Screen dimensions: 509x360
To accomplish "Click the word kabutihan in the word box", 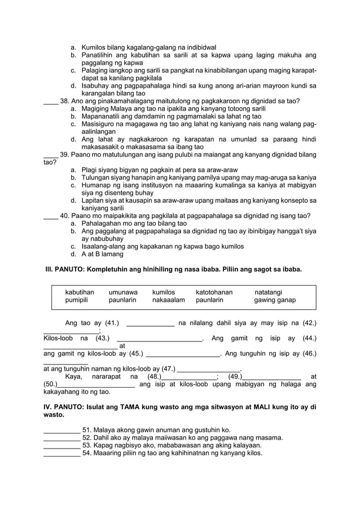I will [80, 292].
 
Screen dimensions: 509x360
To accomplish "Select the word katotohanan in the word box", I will [214, 292].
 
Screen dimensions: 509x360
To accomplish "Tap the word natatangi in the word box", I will [269, 292].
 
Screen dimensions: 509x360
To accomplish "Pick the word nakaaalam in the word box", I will [169, 300].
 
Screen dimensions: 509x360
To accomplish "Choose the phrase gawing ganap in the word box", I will [275, 300].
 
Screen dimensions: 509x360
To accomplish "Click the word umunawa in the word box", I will [123, 292].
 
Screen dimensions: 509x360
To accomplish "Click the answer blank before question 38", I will [51, 102].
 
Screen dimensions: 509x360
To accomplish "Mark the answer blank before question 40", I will [51, 216].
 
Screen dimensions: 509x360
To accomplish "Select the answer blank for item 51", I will [62, 430].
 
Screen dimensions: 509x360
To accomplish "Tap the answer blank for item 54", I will [62, 453].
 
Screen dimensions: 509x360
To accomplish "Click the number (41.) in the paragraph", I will [109, 323].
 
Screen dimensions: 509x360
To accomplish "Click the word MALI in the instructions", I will [269, 407].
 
